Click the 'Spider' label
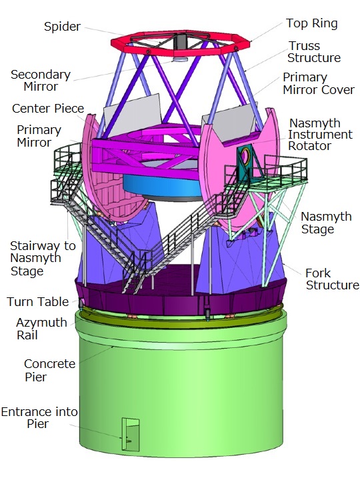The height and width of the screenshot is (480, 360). [63, 27]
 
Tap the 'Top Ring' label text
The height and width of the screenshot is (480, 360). [312, 23]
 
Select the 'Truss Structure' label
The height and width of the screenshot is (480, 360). [314, 52]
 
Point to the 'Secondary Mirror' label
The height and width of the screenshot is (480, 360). [41, 81]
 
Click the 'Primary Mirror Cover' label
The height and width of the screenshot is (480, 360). [319, 83]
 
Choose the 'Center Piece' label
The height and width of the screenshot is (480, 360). [48, 109]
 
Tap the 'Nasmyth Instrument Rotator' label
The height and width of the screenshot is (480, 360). [321, 135]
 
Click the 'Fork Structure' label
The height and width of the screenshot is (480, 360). [333, 279]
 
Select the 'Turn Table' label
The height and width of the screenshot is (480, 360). [37, 301]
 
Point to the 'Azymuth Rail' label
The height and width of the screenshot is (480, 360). [41, 329]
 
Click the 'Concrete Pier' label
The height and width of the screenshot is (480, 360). [49, 371]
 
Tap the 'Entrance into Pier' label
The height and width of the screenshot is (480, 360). [39, 418]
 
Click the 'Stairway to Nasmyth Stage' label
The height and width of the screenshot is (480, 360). [43, 259]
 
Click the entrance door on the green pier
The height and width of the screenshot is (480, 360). [131, 434]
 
